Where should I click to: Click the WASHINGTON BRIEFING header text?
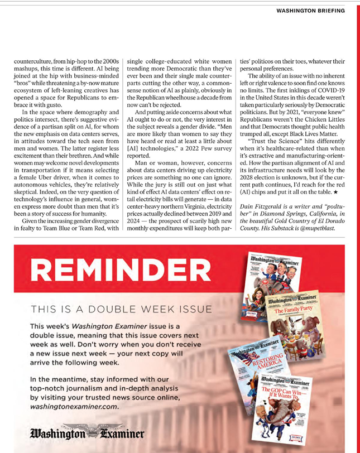[x=310, y=11]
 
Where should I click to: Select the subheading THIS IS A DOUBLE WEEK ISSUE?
[x=122, y=309]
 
